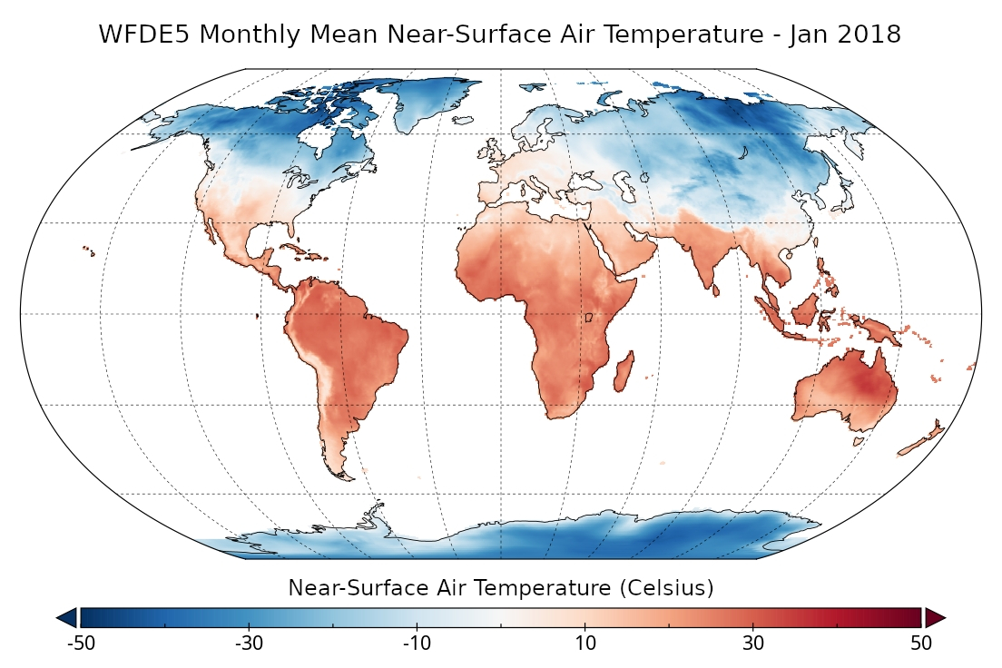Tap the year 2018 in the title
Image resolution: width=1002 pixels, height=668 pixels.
pyautogui.click(x=869, y=34)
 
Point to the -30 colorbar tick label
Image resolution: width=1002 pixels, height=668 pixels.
pyautogui.click(x=249, y=643)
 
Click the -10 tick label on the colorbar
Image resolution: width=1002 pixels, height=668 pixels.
pyautogui.click(x=417, y=643)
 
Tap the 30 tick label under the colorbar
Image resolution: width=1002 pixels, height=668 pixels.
pyautogui.click(x=753, y=643)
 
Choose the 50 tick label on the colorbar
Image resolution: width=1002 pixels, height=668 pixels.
pyautogui.click(x=921, y=643)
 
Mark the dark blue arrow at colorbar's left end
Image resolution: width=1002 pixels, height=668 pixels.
pyautogui.click(x=67, y=618)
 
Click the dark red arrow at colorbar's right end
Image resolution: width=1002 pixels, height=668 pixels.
pyautogui.click(x=936, y=618)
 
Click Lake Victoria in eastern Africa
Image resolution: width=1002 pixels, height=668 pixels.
pyautogui.click(x=588, y=318)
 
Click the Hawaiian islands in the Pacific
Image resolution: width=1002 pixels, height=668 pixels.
pyautogui.click(x=89, y=249)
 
